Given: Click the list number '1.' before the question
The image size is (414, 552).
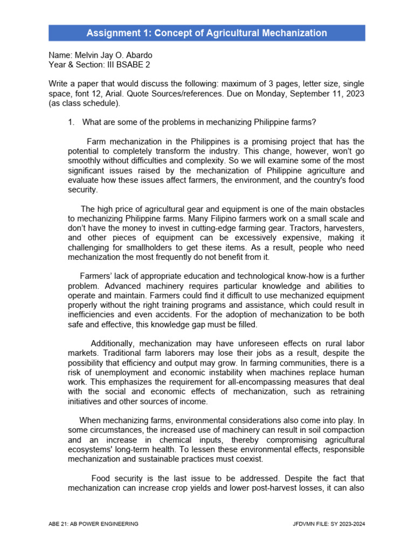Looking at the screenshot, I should pos(71,122).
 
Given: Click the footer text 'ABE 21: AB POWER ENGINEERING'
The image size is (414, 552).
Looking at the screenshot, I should pos(93,523).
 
